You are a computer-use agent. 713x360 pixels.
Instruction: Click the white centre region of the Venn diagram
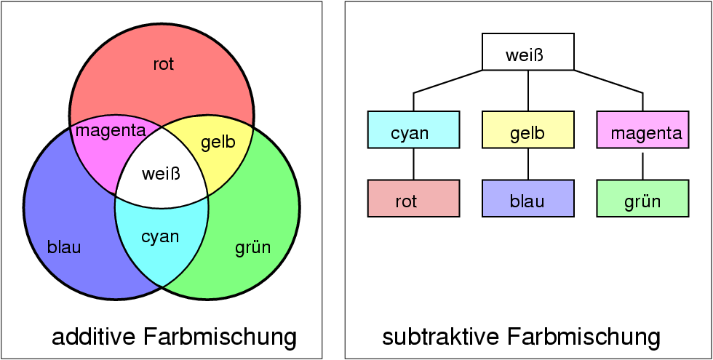tap(161, 175)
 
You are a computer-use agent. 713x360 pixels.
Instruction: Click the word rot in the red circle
tap(164, 65)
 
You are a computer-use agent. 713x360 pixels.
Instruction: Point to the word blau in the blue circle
tap(64, 247)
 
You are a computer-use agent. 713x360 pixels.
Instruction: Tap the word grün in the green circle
tap(252, 247)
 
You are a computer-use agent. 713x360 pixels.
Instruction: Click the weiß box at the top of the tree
tap(528, 52)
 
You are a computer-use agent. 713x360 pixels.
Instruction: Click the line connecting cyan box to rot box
tap(413, 164)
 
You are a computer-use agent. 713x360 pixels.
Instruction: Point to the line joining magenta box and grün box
tap(642, 164)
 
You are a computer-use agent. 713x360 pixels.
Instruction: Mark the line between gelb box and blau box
tap(528, 164)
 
